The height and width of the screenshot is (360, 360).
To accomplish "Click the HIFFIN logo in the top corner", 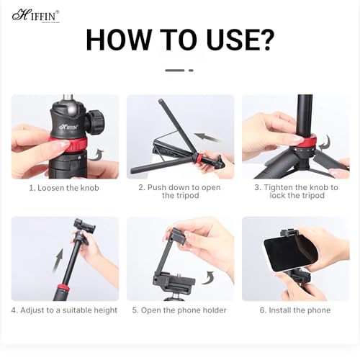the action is click(35, 16).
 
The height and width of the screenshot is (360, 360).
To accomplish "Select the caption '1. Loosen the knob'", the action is click(64, 188).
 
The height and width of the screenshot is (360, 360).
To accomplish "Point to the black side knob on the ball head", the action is click(96, 121).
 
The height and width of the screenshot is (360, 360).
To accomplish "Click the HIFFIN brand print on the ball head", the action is click(68, 127).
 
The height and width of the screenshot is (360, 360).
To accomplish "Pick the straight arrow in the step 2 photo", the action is click(206, 138).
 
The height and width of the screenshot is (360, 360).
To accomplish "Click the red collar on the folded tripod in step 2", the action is click(199, 158).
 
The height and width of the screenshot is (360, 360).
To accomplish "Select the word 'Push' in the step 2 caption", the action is click(157, 187).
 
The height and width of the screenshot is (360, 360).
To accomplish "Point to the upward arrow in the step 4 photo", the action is click(58, 261).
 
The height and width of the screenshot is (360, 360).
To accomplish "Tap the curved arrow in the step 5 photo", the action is click(208, 278).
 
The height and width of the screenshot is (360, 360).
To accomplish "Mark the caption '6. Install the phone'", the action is click(295, 310).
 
